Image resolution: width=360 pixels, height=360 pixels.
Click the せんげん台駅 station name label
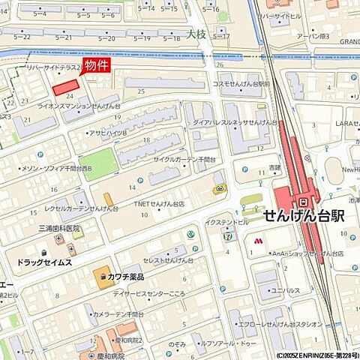point(304,216)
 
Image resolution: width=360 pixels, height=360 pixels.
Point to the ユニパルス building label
point(286,289)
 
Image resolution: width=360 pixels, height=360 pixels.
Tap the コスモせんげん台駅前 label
point(241,84)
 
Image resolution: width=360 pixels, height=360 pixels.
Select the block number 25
point(141,91)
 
